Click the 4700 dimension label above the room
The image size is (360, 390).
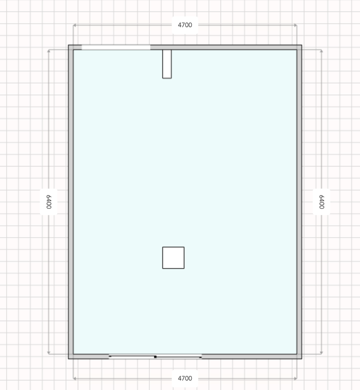[x=185, y=25]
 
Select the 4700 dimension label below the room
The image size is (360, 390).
[x=185, y=378]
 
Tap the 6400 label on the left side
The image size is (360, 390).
[x=49, y=202]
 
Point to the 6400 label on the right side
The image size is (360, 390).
[x=321, y=202]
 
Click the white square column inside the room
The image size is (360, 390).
[x=173, y=258]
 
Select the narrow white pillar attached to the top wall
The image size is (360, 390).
[x=167, y=64]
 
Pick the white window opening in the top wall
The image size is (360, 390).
[x=116, y=47]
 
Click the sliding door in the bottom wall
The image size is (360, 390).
[x=155, y=357]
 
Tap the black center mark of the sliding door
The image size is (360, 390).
[x=155, y=357]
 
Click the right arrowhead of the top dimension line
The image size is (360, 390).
[x=296, y=25]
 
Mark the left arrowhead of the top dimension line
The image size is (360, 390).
[x=74, y=25]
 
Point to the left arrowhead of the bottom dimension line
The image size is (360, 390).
[x=74, y=379]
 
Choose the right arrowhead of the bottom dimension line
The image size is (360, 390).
[x=296, y=379]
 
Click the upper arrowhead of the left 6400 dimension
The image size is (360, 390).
[x=49, y=51]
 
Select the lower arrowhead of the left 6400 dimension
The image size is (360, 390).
[x=49, y=352]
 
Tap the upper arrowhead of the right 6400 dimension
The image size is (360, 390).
[x=321, y=51]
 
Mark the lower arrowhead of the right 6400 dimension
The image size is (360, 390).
[x=321, y=352]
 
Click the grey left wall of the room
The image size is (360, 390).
[x=71, y=202]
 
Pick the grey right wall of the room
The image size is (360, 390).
[x=299, y=202]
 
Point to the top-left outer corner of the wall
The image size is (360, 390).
[x=69, y=45]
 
